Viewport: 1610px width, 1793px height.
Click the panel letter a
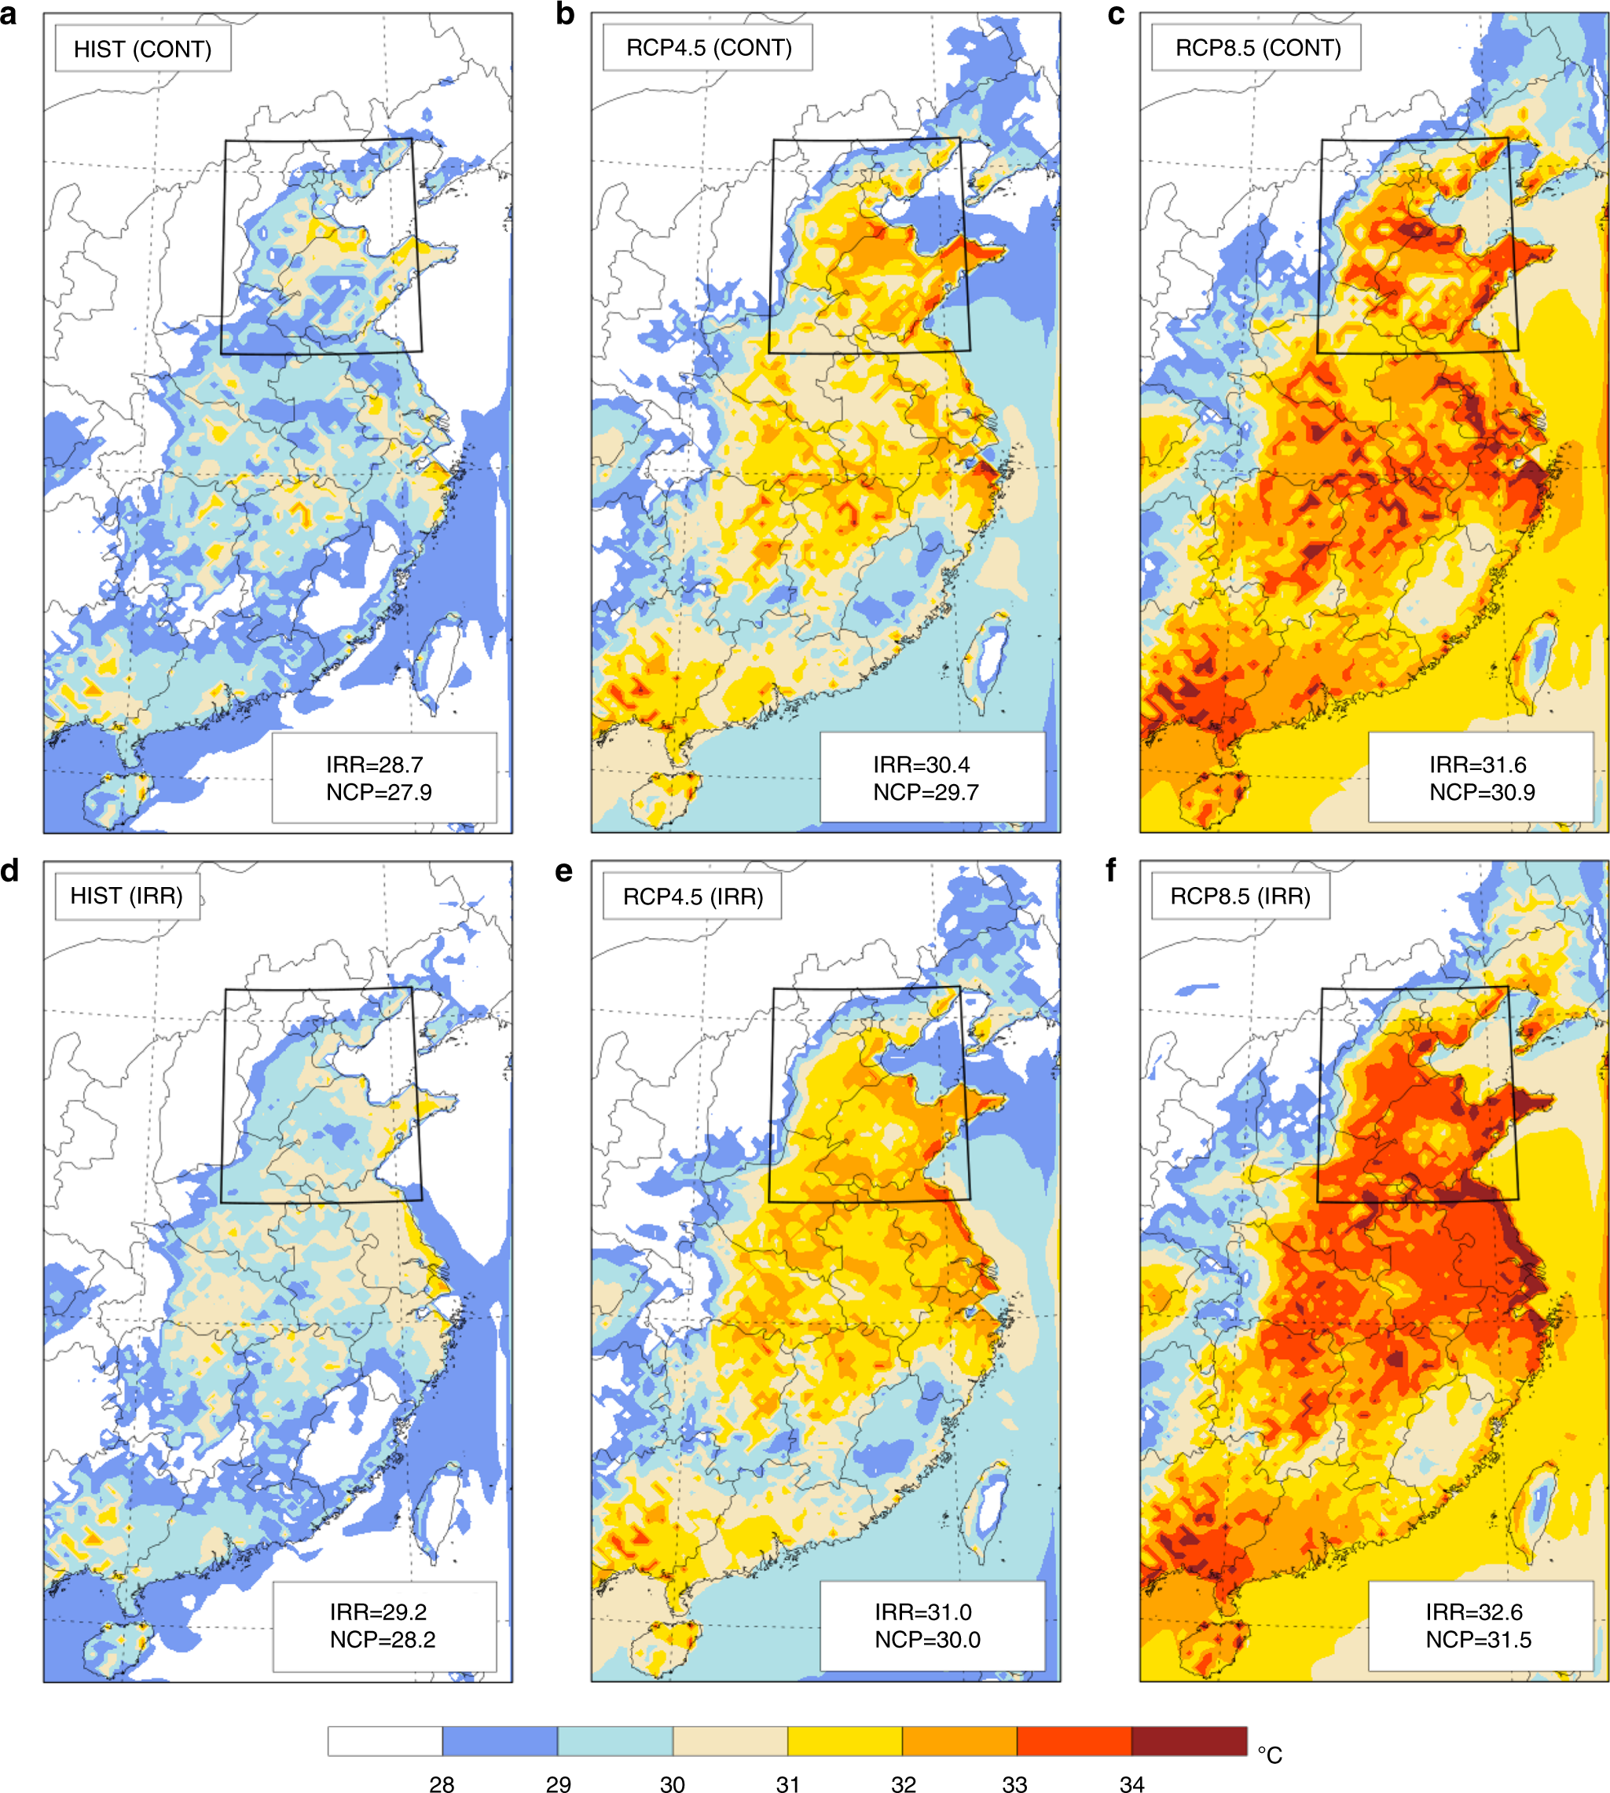pyautogui.click(x=9, y=14)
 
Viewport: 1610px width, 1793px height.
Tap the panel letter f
pyautogui.click(x=1112, y=871)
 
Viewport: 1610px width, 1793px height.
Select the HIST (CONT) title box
pyautogui.click(x=142, y=49)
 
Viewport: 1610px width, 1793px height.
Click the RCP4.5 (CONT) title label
pyautogui.click(x=709, y=48)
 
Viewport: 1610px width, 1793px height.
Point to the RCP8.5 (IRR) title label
pyautogui.click(x=1240, y=896)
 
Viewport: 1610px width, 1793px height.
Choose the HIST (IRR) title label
pyautogui.click(x=127, y=896)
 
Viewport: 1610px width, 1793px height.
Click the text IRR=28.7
pyautogui.click(x=374, y=764)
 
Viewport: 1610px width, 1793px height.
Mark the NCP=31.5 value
pyautogui.click(x=1478, y=1639)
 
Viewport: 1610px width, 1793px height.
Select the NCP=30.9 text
pyautogui.click(x=1482, y=792)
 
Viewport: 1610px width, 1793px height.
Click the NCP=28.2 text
pyautogui.click(x=382, y=1639)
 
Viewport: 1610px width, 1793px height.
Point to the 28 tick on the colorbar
pyautogui.click(x=442, y=1784)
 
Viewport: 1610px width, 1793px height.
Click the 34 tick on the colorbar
pyautogui.click(x=1131, y=1784)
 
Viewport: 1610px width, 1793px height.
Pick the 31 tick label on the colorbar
pyautogui.click(x=787, y=1784)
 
